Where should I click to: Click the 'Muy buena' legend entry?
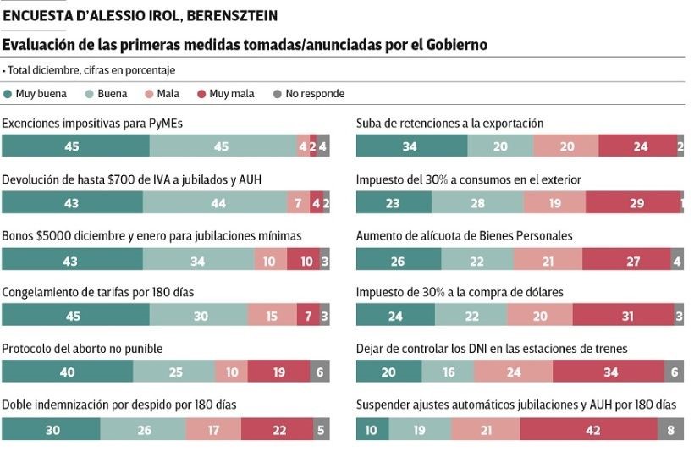click(x=36, y=94)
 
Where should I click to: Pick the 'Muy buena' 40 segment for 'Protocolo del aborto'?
click(x=67, y=372)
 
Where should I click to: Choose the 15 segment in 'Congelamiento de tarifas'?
click(x=272, y=316)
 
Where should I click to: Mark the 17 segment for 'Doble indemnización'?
click(x=212, y=430)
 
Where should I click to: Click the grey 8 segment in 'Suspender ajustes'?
click(x=671, y=430)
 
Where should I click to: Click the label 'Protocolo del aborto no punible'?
click(x=82, y=349)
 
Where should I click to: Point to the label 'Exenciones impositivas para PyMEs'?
click(x=92, y=124)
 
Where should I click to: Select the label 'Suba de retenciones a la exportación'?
click(x=449, y=124)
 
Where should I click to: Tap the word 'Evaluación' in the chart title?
click(x=39, y=44)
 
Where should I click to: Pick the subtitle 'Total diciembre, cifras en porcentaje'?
click(x=91, y=70)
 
